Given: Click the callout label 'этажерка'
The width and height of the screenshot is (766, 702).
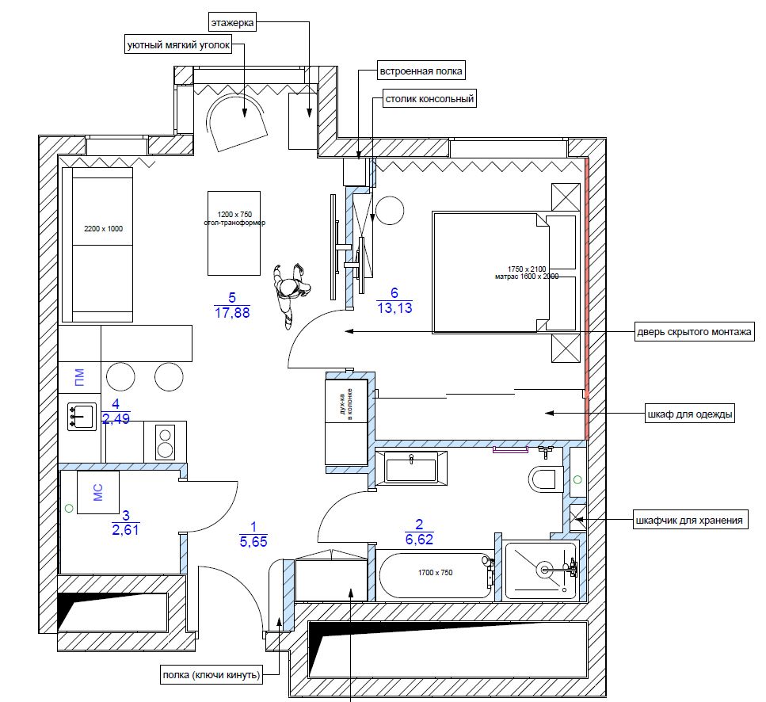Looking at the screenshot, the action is (233, 22).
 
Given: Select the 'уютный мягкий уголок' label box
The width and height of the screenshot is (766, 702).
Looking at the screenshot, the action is (178, 45).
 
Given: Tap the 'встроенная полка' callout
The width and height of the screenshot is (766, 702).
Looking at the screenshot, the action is (421, 71).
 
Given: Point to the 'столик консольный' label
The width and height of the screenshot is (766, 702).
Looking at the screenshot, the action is (429, 99).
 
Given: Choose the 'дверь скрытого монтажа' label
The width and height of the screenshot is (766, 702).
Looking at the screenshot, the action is (694, 332).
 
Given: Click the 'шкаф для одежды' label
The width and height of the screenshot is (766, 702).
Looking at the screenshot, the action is (690, 414).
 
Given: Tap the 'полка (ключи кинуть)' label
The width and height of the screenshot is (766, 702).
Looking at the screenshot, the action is (211, 675).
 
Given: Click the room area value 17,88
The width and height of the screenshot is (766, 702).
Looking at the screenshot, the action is (232, 313).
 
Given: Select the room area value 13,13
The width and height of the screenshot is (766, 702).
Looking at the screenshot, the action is (394, 308).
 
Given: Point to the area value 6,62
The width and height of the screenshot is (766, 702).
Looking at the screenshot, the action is (419, 540).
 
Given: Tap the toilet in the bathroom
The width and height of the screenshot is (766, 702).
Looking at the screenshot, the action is (543, 479).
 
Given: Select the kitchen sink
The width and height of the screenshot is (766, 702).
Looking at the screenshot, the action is (82, 417).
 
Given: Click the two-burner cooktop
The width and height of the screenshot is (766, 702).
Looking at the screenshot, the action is (166, 442).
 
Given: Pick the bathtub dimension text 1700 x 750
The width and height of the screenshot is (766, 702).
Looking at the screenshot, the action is (435, 573).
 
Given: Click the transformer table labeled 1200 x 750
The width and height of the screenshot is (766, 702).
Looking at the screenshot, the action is (234, 233).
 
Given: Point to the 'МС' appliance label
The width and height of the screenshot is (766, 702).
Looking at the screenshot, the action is (98, 492).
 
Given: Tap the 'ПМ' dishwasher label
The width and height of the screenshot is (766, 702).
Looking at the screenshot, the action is (79, 377).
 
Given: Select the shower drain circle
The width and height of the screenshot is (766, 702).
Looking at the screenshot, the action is (544, 569).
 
